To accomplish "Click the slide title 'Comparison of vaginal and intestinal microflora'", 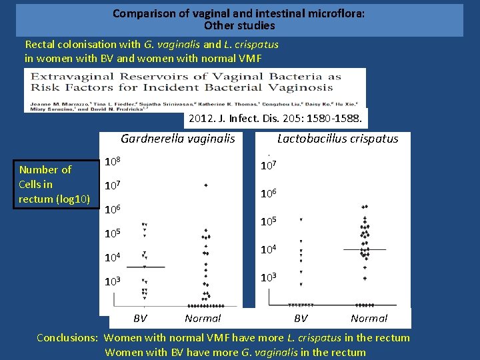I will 239,13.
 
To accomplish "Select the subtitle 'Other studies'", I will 239,26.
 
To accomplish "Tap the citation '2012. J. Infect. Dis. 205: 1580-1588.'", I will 275,119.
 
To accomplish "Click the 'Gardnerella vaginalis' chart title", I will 177,139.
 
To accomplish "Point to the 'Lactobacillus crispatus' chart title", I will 337,139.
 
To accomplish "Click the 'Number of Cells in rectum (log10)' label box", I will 56,184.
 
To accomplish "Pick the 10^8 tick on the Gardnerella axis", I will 113,162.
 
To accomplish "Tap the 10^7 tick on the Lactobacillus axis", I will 267,164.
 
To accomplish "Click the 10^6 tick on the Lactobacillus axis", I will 267,193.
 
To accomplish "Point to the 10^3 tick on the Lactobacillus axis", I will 267,277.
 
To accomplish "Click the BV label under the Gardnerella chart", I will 140,319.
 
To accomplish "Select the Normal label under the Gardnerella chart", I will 203,319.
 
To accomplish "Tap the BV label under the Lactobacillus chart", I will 301,319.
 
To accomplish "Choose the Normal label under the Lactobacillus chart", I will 369,319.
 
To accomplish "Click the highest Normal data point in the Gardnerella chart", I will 206,185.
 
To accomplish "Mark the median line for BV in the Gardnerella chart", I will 145,267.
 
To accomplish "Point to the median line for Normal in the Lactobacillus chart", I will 365,249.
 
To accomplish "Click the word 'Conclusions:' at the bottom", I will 67,338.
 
